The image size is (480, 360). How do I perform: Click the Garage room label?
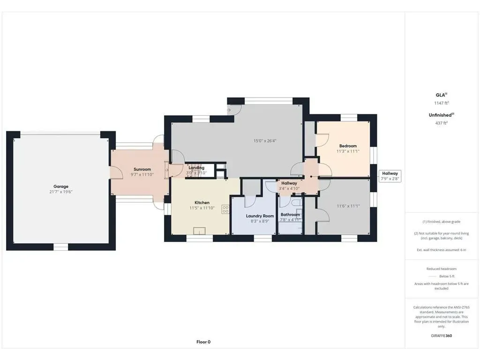61,187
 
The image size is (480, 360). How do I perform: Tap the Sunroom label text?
142,169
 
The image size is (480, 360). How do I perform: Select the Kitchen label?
202,202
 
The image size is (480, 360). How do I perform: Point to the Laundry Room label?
260,216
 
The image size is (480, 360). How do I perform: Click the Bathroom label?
290,215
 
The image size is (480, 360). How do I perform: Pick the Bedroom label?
348,146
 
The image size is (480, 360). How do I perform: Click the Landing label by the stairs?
196,168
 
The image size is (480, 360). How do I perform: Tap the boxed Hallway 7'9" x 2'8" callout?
390,176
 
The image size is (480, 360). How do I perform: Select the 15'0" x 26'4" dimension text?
265,141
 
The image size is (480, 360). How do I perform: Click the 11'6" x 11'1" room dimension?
348,206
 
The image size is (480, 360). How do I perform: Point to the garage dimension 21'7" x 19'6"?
61,192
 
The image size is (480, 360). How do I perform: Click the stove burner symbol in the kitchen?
225,210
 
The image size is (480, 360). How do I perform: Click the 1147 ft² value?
442,103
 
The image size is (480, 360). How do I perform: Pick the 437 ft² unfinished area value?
442,123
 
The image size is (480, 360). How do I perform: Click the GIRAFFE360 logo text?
442,336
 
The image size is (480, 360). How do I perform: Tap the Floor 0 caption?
203,342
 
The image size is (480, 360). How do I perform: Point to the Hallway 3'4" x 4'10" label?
289,186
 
